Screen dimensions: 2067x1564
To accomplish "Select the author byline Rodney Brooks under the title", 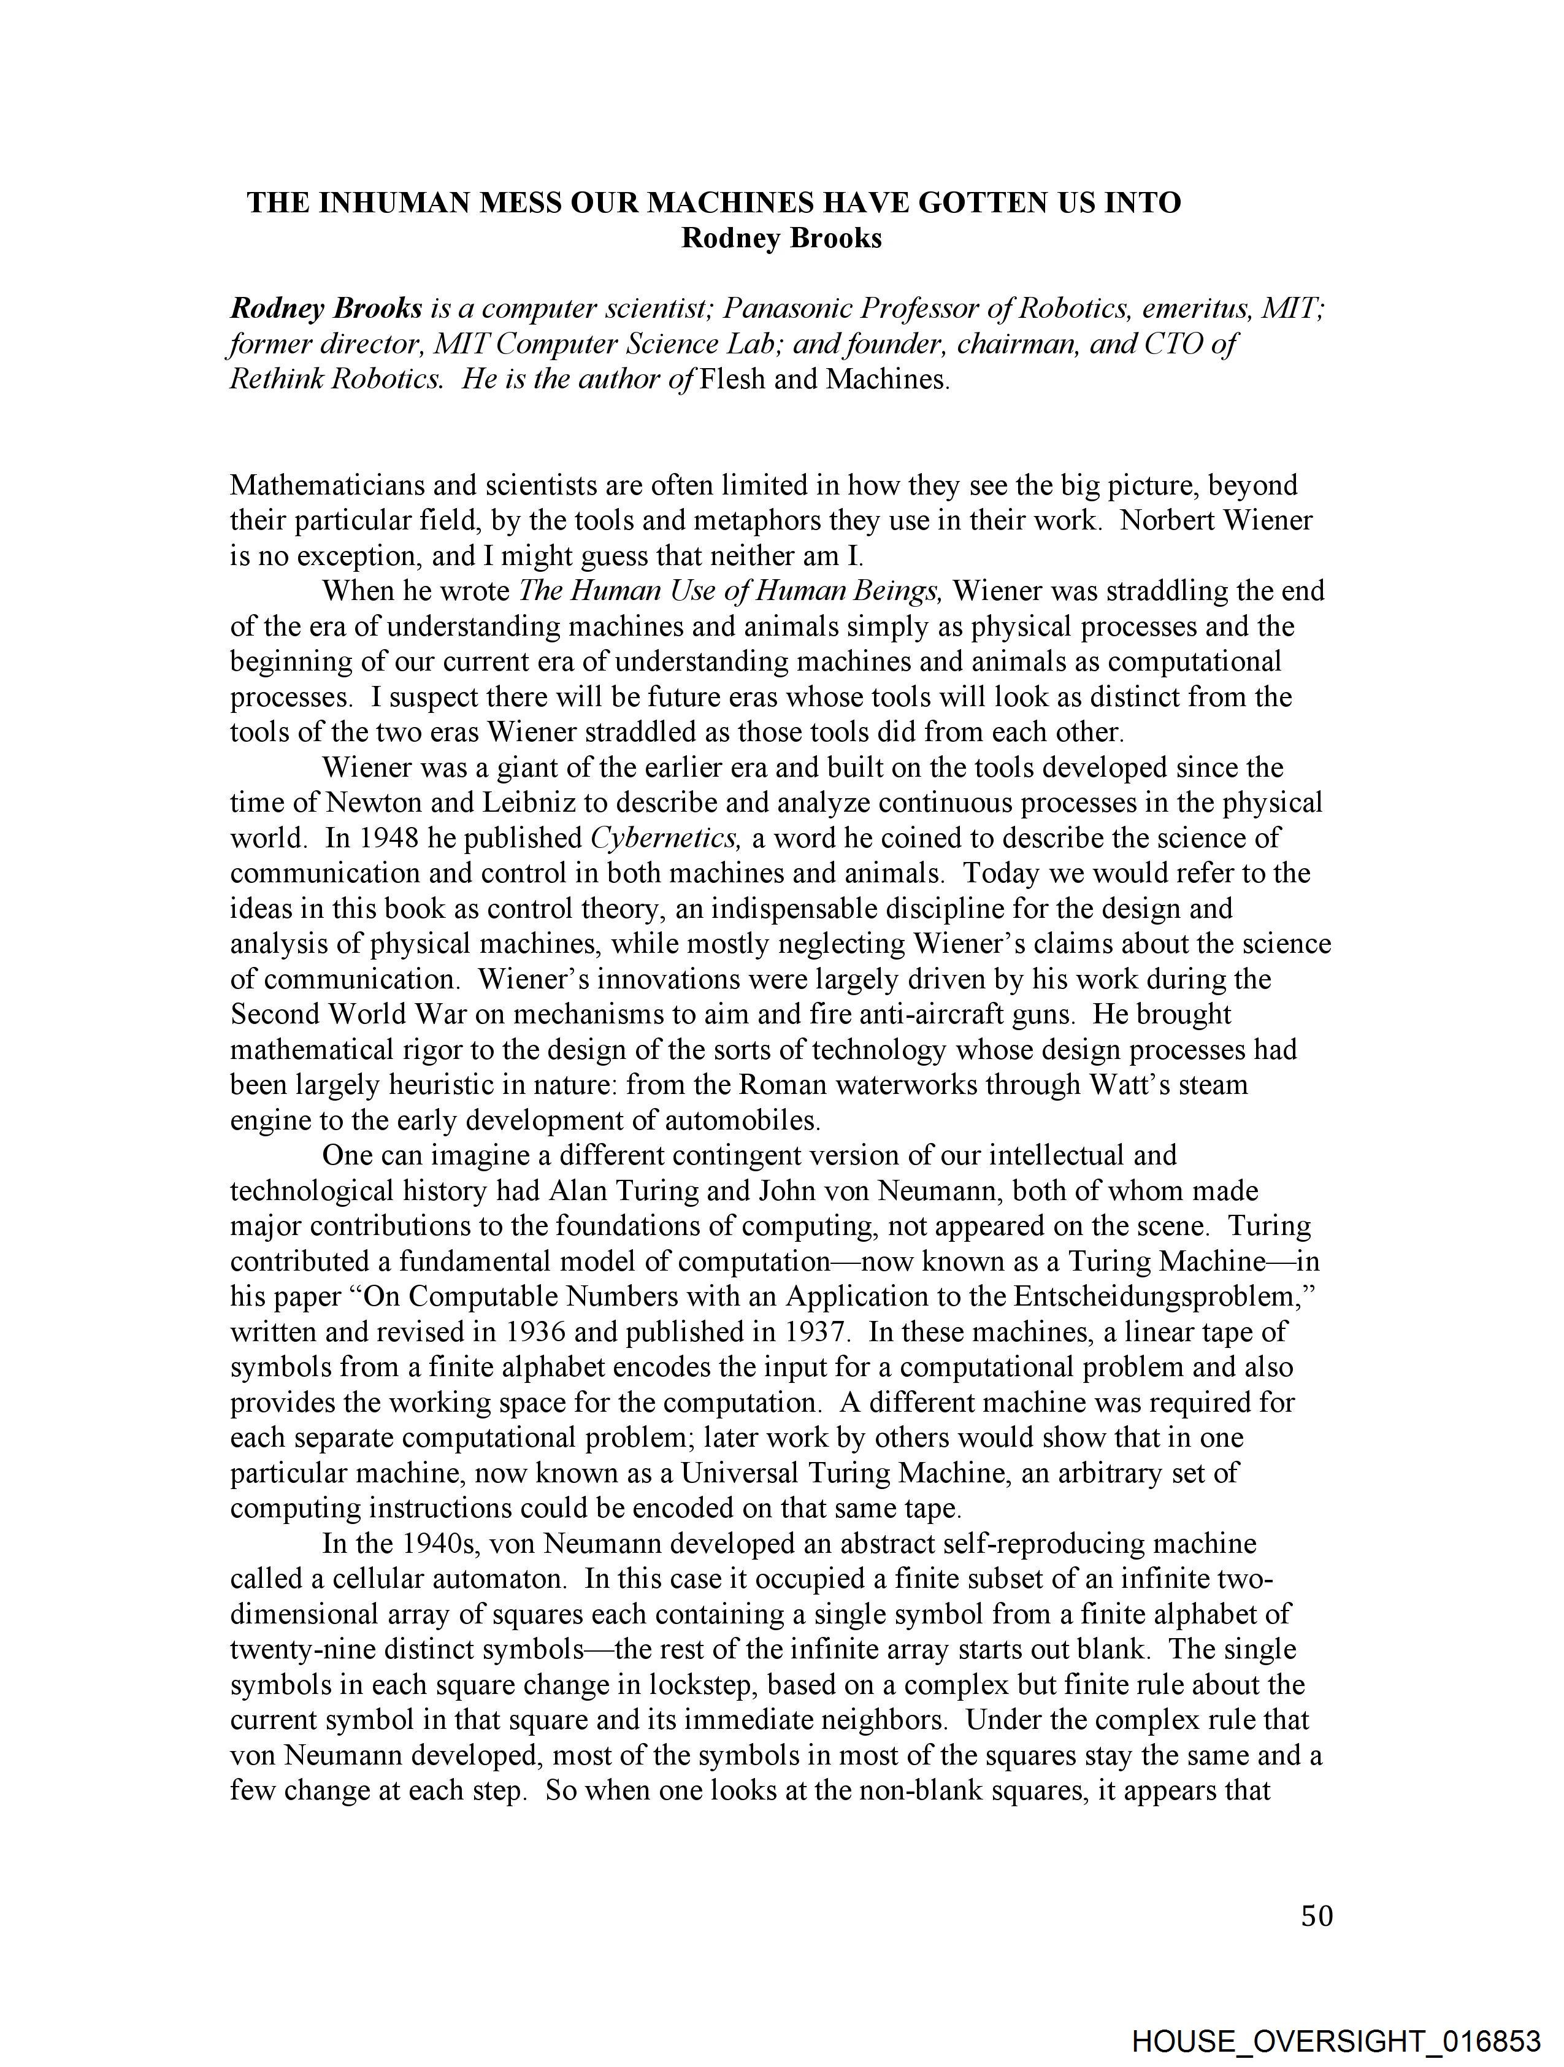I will pos(781,238).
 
